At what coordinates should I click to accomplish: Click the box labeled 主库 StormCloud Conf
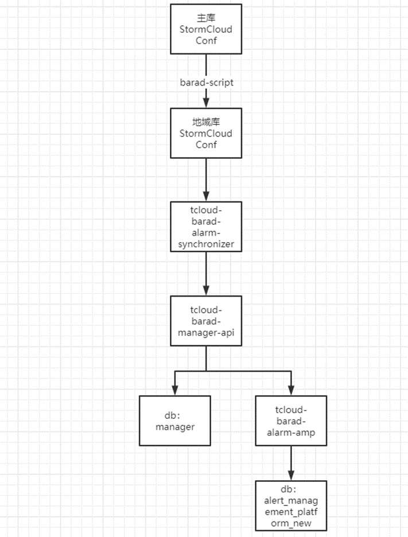coord(206,29)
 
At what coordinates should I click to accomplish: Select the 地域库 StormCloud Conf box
coord(206,133)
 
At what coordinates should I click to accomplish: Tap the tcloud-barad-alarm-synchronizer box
coord(206,227)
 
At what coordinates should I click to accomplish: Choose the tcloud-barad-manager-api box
coord(206,321)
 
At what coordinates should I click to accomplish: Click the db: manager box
coord(174,421)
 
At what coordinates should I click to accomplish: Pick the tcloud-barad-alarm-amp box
coord(291,421)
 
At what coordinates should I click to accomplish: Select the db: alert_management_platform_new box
coord(291,506)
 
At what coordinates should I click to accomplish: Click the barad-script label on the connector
coord(207,83)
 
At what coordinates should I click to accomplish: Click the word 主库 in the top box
coord(206,18)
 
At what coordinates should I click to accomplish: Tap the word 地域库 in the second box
coord(206,122)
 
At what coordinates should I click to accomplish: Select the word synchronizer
coord(206,244)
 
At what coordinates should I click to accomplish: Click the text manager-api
coord(206,333)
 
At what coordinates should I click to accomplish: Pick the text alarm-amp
coord(291,433)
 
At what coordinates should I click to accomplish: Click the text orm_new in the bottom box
coord(291,523)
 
